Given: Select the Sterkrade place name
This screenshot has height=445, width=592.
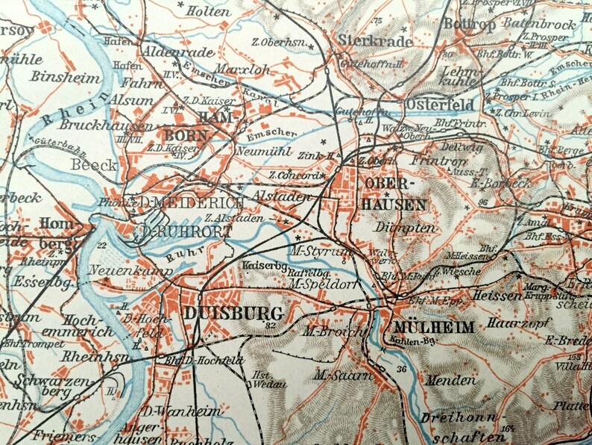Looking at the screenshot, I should tap(375, 40).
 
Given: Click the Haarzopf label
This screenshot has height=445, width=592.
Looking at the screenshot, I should tap(514, 324).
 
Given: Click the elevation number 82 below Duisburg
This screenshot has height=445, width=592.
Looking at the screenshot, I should tap(270, 326).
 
